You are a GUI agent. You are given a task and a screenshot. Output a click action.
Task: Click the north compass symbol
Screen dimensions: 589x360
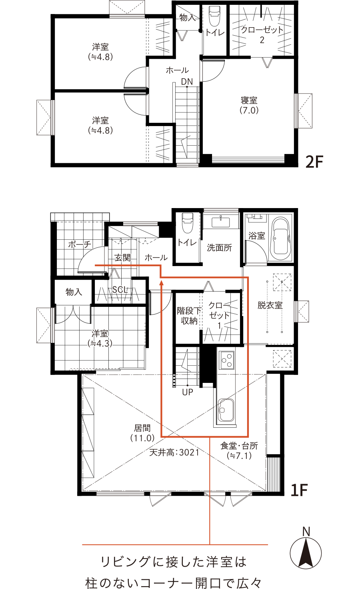pos(306,552)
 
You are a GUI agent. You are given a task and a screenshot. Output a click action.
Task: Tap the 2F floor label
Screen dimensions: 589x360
pos(314,162)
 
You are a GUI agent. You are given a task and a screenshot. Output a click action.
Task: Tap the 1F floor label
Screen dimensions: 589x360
pos(299,490)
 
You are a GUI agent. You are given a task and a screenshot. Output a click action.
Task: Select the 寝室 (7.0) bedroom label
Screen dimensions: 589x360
pos(249,105)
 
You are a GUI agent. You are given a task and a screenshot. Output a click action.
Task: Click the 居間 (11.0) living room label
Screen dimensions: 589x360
pos(142,433)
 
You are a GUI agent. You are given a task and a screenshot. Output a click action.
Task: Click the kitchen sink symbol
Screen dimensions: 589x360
pos(226,411)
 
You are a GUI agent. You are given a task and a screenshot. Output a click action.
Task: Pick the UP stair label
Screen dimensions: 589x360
pos(187,392)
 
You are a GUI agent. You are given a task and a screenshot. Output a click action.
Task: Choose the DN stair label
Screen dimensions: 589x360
pos(187,82)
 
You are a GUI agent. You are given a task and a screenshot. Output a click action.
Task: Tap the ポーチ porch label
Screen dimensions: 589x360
pos(80,244)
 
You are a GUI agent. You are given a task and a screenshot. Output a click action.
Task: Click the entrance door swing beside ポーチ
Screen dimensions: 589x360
pos(93,260)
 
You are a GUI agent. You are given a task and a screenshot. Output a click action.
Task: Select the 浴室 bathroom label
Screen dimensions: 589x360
pos(257,236)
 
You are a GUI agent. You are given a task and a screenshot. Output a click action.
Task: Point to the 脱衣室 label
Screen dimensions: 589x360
pos(270,305)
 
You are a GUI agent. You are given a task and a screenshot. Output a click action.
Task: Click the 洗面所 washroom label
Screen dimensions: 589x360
pos(219,248)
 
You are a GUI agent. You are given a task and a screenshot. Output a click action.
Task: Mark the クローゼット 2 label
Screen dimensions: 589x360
pos(262,34)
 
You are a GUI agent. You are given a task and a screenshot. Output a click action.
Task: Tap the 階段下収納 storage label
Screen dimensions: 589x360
pos(189,316)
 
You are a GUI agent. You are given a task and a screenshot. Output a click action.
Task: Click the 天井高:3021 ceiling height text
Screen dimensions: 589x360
pos(174,453)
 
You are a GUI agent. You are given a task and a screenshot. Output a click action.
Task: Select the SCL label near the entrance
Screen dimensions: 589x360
pos(120,290)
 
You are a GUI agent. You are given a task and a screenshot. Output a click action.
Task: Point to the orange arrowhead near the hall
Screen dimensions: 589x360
pos(162,283)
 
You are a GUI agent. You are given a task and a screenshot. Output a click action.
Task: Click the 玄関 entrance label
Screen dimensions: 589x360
pos(122,258)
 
